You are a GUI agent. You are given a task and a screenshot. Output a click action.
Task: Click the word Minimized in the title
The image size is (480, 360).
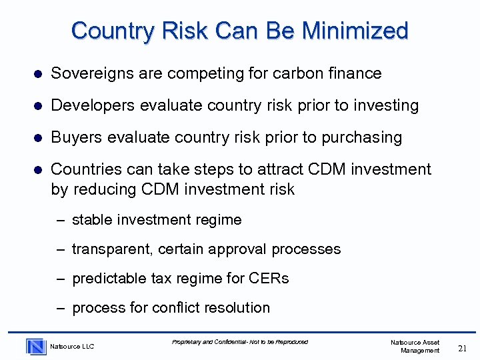pos(355,31)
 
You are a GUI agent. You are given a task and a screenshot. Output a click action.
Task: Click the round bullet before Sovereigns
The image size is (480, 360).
pos(39,74)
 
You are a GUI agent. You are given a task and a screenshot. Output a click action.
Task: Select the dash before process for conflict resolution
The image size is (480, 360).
pos(60,308)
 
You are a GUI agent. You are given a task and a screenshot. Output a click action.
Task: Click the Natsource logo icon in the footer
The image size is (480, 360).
pos(36,346)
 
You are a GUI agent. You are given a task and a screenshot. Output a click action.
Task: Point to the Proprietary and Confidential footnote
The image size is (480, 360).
pos(240,342)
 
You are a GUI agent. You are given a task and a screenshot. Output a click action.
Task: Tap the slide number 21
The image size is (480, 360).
pos(463,347)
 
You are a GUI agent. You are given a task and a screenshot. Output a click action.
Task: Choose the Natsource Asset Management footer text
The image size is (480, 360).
pos(416,346)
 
